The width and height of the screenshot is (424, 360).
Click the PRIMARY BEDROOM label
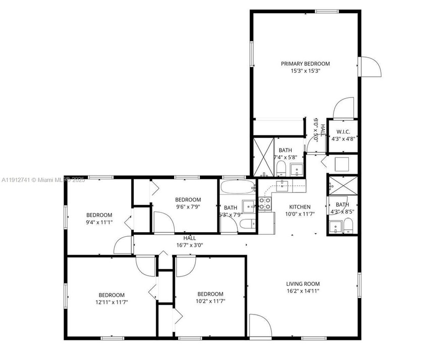[x=305, y=64]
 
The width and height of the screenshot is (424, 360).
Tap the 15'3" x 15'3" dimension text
[x=305, y=71]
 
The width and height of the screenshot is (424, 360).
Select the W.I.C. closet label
[x=343, y=132]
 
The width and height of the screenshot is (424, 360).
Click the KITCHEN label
[x=299, y=207]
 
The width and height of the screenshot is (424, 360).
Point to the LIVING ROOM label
[x=303, y=284]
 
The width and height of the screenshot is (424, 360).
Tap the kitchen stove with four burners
[x=265, y=203]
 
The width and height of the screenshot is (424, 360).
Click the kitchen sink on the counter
[x=283, y=185]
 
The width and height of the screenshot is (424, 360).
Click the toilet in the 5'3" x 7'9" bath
[x=247, y=224]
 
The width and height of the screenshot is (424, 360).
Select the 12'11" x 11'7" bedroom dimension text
[x=111, y=302]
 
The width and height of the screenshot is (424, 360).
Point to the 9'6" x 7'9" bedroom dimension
[x=188, y=207]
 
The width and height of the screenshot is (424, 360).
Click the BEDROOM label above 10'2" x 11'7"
[x=210, y=294]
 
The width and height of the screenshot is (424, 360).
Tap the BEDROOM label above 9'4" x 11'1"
[x=99, y=215]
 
